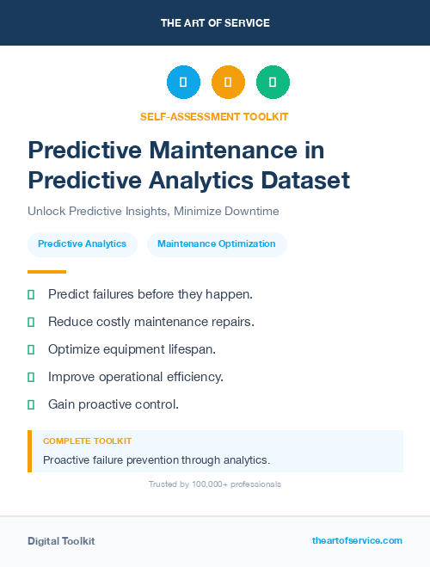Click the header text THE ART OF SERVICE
tap(215, 23)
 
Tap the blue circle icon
tap(183, 83)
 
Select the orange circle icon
tap(228, 83)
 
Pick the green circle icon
tap(273, 83)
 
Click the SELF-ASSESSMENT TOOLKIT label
tap(215, 116)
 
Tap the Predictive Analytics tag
tap(82, 244)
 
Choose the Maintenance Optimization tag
tap(217, 244)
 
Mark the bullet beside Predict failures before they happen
tap(31, 294)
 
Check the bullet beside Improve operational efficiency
tap(31, 377)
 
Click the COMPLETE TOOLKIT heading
tap(87, 441)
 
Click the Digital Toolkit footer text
tap(61, 541)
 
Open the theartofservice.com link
tap(357, 540)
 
